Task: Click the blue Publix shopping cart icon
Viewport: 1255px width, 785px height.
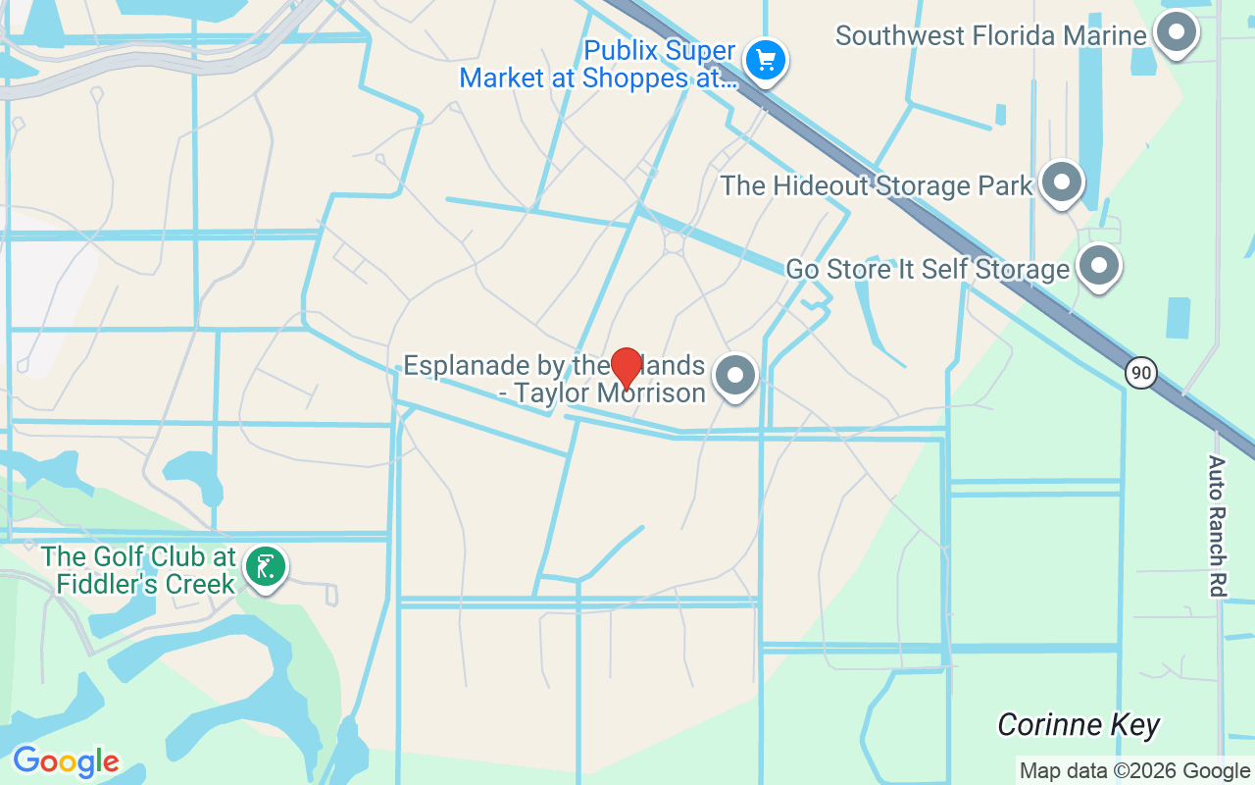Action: point(765,61)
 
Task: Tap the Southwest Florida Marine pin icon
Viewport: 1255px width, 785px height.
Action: point(1175,32)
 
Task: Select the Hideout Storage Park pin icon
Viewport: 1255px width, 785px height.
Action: point(1060,183)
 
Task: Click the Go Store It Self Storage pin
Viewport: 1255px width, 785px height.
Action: point(1099,266)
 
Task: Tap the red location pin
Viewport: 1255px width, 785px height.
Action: point(626,368)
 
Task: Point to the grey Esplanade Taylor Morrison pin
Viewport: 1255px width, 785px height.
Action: point(734,376)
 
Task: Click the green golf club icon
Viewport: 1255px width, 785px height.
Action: point(265,567)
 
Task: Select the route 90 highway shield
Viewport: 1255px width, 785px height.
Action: point(1140,373)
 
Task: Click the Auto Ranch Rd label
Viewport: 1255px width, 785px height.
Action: point(1217,525)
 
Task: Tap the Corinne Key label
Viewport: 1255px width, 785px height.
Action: point(1079,725)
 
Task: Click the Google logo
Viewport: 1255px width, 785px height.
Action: point(66,761)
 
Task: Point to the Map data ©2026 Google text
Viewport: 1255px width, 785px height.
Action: point(1134,771)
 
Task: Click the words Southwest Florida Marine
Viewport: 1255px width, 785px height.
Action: point(990,36)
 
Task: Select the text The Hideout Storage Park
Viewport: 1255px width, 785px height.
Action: point(877,185)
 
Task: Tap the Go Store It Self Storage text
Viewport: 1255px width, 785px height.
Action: point(928,269)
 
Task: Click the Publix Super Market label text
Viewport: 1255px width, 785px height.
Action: point(598,65)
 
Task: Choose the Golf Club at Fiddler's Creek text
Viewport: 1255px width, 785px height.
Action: point(139,570)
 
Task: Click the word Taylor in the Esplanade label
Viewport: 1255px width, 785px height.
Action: point(560,393)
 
